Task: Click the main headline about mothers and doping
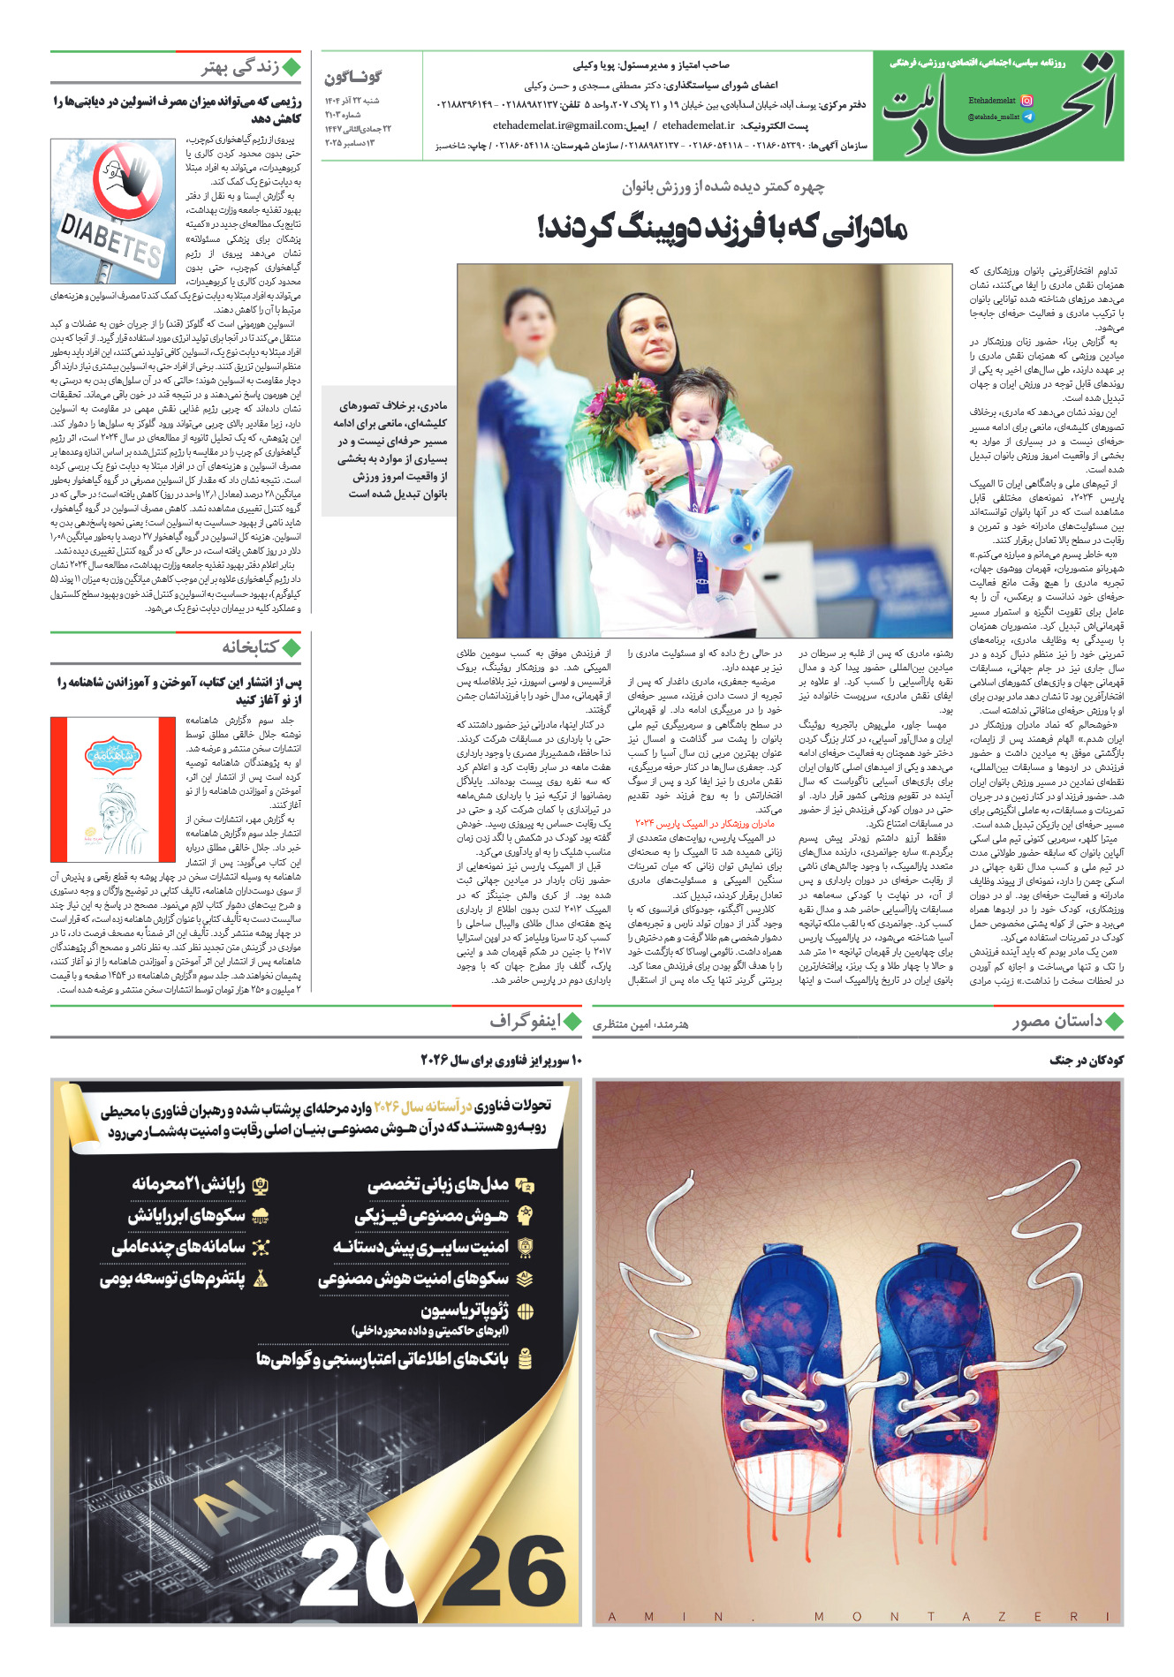point(722,229)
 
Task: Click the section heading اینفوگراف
point(526,1022)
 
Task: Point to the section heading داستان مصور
point(1057,1022)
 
